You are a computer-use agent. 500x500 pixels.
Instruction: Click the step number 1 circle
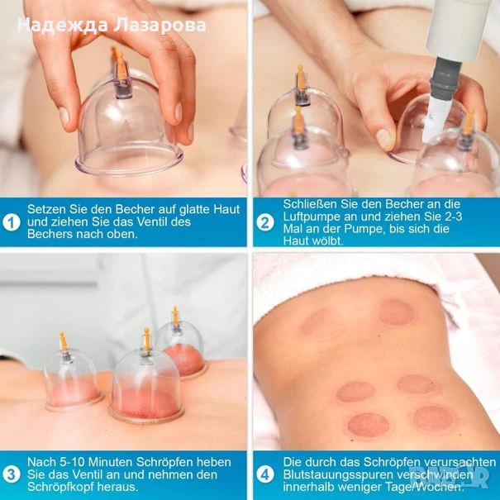(x=12, y=222)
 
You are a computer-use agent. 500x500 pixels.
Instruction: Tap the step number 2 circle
(x=265, y=222)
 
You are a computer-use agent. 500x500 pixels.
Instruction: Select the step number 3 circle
(x=12, y=474)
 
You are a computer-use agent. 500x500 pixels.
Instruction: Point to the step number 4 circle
(x=265, y=474)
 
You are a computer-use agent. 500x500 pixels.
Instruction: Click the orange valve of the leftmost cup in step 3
(x=63, y=341)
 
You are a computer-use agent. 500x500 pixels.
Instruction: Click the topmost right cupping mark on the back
(x=397, y=313)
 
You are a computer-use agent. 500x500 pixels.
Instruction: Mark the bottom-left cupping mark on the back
(x=369, y=426)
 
